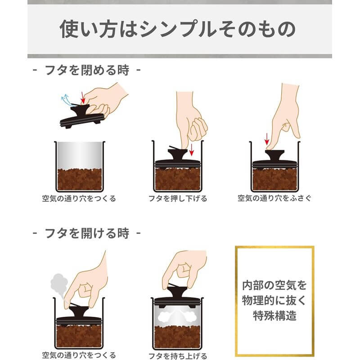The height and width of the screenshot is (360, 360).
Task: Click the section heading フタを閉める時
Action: [87, 71]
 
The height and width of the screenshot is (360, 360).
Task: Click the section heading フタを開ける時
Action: [87, 234]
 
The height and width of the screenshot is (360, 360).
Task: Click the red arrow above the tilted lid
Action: [82, 96]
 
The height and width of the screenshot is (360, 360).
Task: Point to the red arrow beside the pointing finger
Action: [266, 138]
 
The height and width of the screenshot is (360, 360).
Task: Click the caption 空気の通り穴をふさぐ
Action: [274, 198]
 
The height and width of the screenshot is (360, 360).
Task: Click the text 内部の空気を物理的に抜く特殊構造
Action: [274, 301]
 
